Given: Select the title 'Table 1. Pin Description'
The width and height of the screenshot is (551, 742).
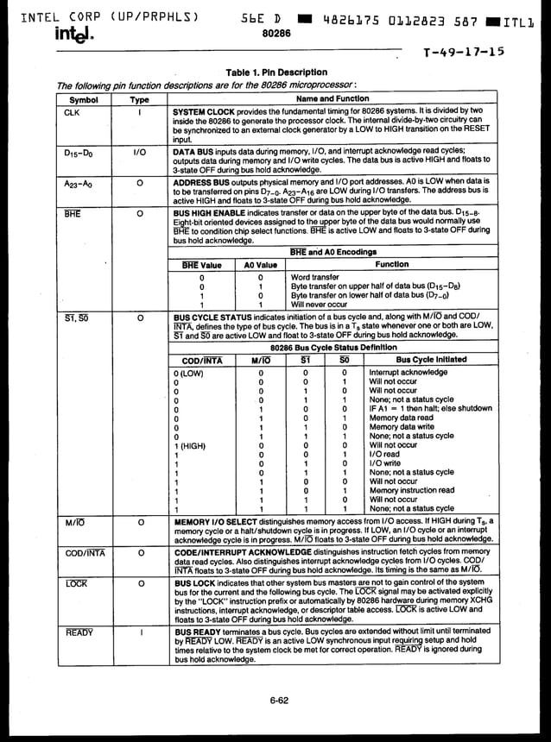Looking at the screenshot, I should pyautogui.click(x=276, y=72).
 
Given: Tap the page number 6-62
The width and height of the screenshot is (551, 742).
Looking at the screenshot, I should pyautogui.click(x=278, y=700).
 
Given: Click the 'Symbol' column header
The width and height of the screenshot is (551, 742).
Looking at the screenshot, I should pyautogui.click(x=84, y=99).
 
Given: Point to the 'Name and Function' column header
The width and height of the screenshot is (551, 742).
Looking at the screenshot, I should pyautogui.click(x=332, y=99).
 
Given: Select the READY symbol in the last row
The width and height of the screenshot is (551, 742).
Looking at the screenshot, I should pyautogui.click(x=79, y=632).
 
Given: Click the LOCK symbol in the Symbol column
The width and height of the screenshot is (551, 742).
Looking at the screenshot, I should pyautogui.click(x=76, y=584).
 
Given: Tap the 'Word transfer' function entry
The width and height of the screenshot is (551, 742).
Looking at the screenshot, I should pyautogui.click(x=314, y=278).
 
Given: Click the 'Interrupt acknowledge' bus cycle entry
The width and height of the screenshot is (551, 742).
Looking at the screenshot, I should pyautogui.click(x=408, y=372).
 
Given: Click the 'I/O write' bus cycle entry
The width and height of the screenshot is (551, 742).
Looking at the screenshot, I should pyautogui.click(x=384, y=463).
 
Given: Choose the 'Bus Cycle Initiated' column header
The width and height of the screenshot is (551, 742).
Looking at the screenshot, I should pyautogui.click(x=430, y=359).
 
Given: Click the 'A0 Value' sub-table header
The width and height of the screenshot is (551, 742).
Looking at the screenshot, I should pyautogui.click(x=260, y=266).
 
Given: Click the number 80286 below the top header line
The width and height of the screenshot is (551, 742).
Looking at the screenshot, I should pyautogui.click(x=276, y=33).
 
